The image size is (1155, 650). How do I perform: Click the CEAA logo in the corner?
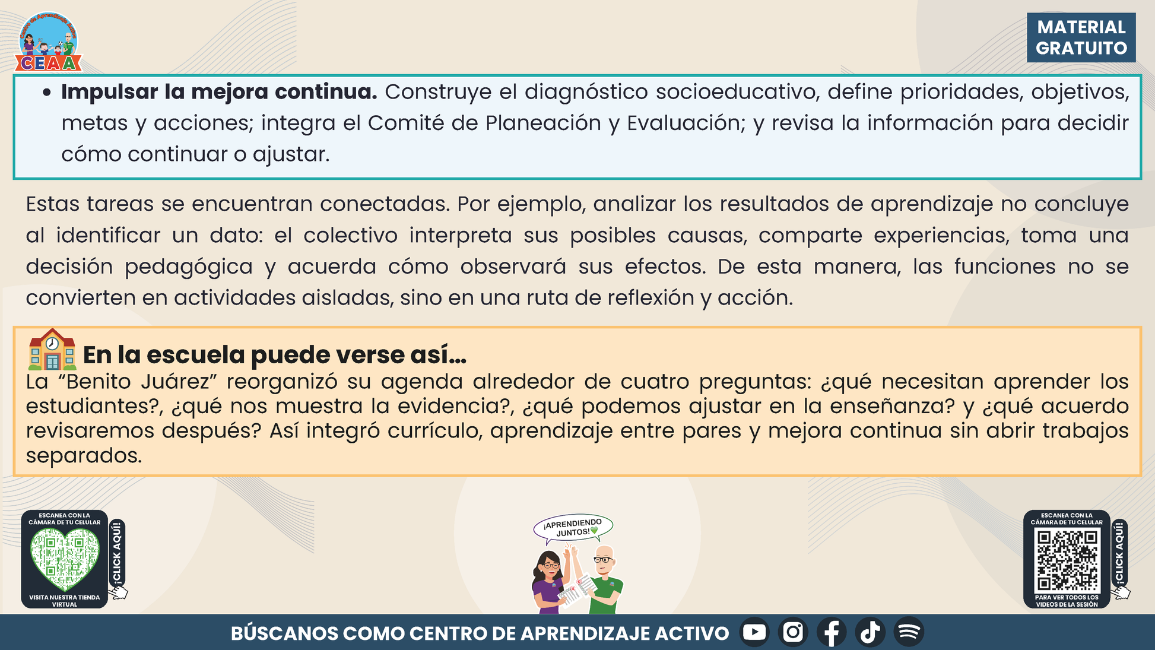point(49,42)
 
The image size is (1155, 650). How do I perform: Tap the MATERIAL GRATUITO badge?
point(1081,37)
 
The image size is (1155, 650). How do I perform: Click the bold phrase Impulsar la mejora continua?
point(219,92)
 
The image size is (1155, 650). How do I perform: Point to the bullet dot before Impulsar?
point(48,93)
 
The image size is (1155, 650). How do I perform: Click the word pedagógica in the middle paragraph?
point(189,267)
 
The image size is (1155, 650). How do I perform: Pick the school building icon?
point(52,350)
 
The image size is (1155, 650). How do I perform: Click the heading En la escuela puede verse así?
point(275,355)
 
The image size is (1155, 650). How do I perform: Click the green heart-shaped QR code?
point(65,559)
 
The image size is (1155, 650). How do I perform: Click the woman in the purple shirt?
point(550,581)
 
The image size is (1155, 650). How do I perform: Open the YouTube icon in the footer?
point(754,632)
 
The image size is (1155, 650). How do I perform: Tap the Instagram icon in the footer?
point(793,632)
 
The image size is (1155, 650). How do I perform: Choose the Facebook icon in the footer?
point(832,632)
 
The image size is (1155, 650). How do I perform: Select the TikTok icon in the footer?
point(870,632)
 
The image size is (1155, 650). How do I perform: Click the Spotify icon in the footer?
point(909,632)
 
